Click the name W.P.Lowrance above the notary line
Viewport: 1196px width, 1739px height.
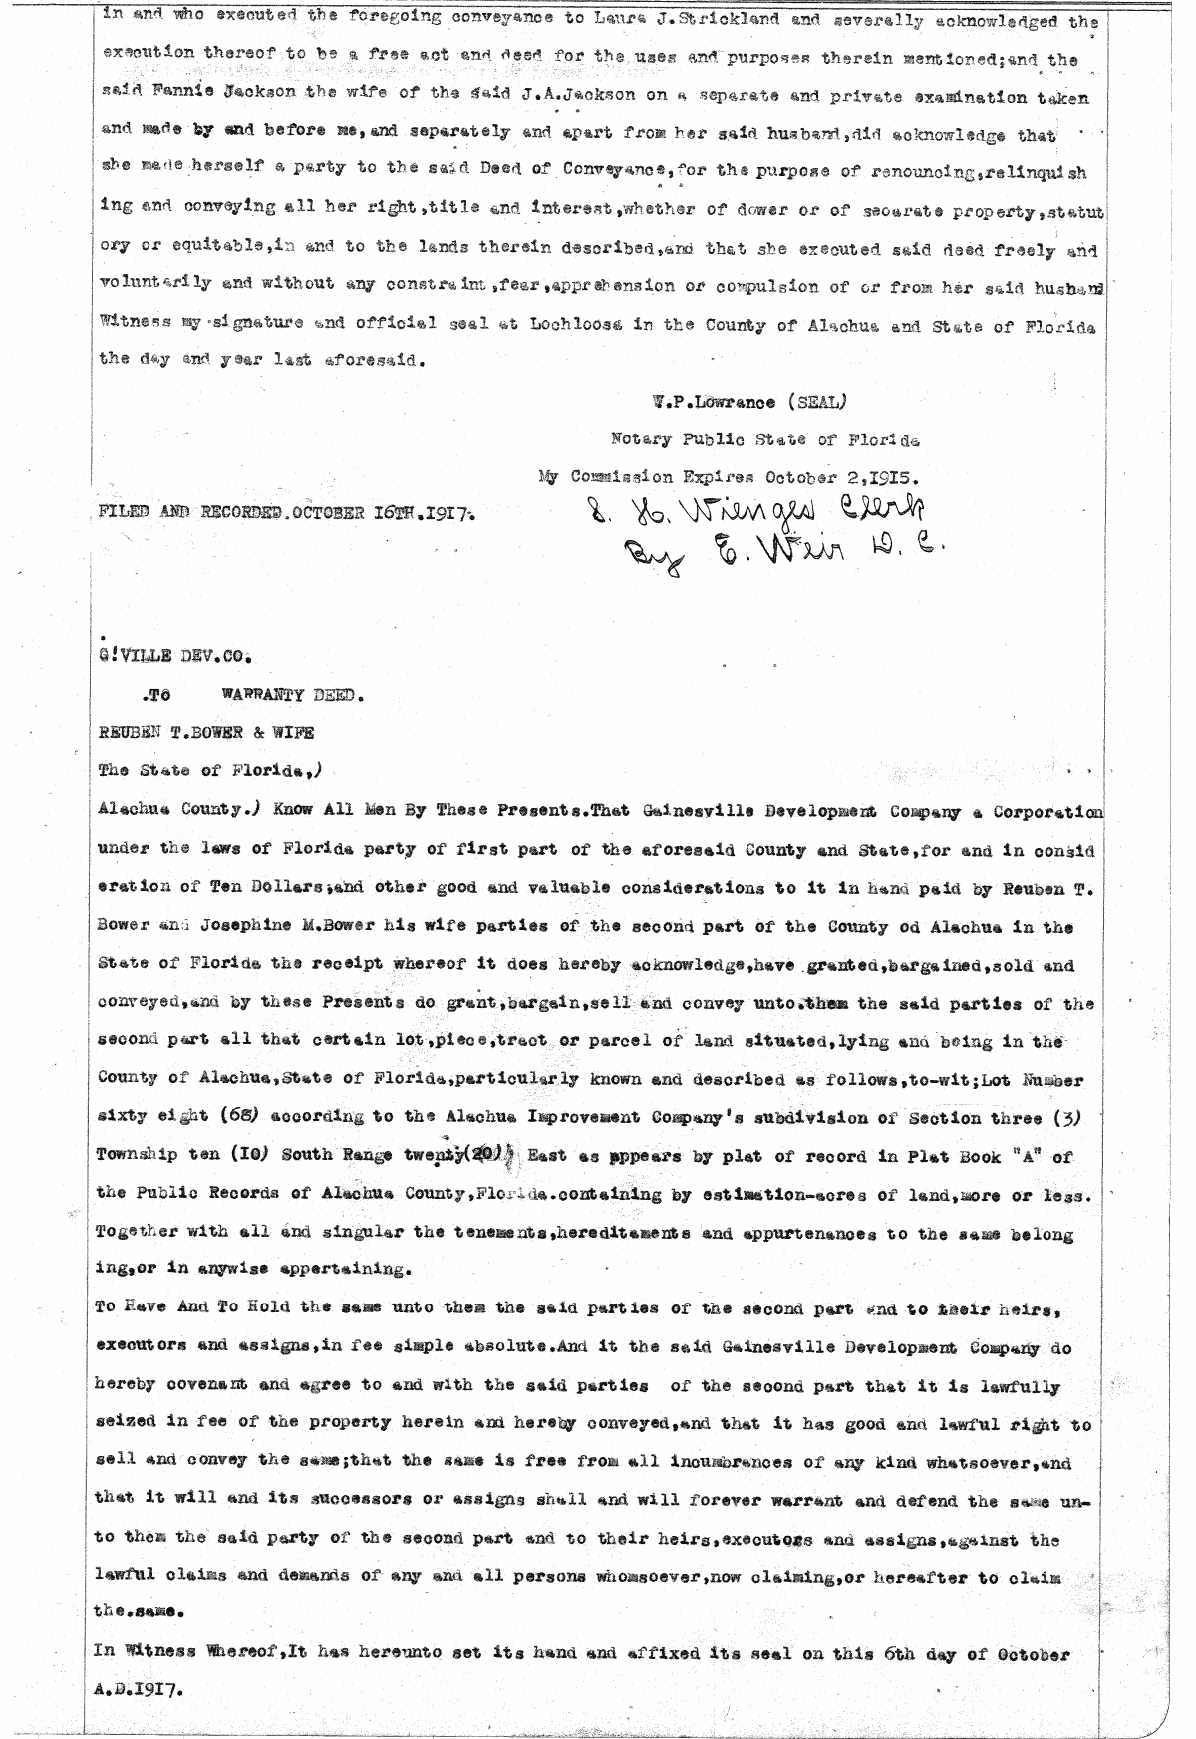tap(707, 403)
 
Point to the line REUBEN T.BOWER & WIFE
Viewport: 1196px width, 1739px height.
tap(205, 733)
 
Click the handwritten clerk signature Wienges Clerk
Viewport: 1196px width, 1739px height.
tap(739, 510)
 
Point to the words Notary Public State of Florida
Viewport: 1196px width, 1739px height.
tap(764, 439)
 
